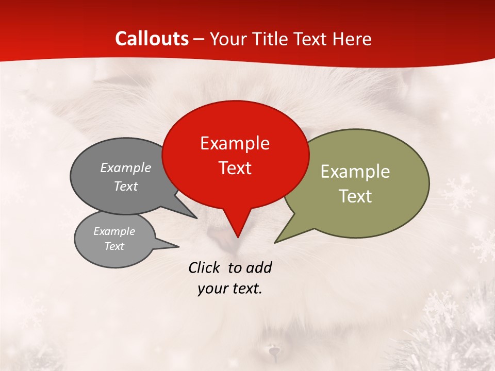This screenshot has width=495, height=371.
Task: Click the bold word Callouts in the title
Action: coord(152,39)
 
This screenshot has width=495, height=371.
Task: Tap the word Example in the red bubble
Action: coord(235,143)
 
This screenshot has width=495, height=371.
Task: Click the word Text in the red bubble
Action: coord(235,168)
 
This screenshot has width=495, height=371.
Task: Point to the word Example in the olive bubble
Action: coord(355,172)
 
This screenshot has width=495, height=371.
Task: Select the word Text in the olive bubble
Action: coord(355,196)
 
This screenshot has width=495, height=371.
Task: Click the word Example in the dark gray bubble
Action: coord(125,168)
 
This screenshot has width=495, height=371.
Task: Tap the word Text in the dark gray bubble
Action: coord(125,186)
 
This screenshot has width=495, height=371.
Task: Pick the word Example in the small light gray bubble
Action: coord(114,231)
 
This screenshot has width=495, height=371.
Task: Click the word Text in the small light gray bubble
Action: coord(114,246)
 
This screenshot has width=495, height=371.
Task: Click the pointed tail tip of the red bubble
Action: coord(237,237)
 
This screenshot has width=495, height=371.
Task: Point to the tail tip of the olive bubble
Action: coord(275,242)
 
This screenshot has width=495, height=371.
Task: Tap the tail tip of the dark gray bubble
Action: coord(196,218)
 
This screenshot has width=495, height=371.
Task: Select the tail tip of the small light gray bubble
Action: coord(178,246)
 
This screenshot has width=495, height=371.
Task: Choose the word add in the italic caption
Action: coord(258,267)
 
